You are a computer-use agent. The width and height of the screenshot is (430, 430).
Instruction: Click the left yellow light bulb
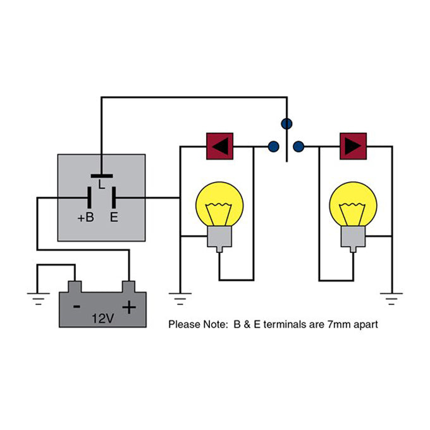coord(220,205)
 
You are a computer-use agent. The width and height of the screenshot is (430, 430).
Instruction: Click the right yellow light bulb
coord(353,205)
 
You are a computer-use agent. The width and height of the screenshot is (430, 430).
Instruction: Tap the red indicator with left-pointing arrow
coord(220,146)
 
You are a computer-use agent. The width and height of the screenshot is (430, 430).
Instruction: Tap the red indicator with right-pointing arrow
coord(353,146)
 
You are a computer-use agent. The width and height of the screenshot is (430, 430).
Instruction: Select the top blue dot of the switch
coord(286,123)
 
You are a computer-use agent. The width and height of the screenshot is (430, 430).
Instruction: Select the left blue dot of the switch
coord(273,147)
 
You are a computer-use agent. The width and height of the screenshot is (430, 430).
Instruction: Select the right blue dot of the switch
coord(299,147)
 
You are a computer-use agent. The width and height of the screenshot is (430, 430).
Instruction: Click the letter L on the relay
coord(102,185)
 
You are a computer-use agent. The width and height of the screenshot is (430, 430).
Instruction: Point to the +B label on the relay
coord(86,218)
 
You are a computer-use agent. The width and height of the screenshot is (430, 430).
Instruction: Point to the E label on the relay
coord(114,218)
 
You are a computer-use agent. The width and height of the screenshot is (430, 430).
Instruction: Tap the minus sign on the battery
coord(76,307)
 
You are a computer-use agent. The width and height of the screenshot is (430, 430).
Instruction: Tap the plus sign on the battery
coord(129,307)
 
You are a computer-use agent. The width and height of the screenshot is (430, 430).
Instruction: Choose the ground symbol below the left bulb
coord(180,296)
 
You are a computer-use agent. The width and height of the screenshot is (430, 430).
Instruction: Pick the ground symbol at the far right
coord(393,296)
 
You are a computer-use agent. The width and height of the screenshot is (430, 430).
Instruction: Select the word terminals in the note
coord(288,324)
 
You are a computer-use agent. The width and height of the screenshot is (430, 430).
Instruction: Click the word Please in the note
coord(183,324)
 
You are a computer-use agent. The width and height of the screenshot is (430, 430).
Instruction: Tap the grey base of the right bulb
coord(353,238)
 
